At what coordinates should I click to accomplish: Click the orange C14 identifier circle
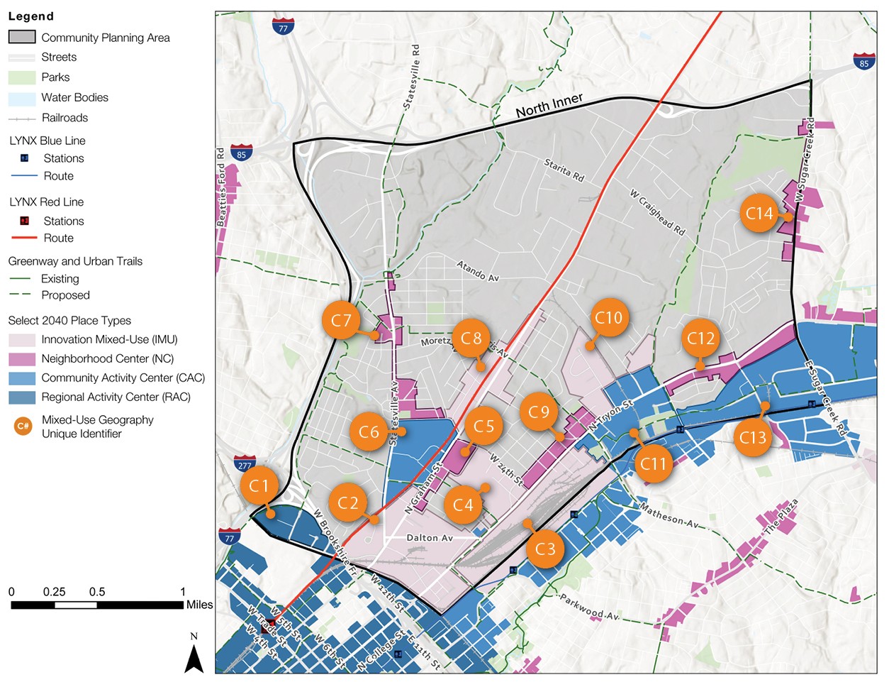coord(759,213)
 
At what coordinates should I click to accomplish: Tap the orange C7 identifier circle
coord(341,321)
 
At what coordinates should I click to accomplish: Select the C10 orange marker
coord(608,318)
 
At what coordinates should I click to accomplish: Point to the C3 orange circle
coord(545,549)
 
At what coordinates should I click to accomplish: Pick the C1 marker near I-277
coord(259,486)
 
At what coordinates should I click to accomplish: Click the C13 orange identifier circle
coord(753,438)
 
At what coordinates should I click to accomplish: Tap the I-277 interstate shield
coord(245,465)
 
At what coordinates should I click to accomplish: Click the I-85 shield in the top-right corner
coord(863,62)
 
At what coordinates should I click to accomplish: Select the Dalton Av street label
coord(430,538)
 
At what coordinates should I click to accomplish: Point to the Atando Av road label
coord(478,271)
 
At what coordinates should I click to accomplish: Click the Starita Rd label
coord(564,170)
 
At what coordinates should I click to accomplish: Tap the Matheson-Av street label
coord(669,517)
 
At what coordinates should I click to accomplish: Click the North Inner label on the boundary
coord(549,106)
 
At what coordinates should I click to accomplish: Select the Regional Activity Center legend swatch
coord(22,397)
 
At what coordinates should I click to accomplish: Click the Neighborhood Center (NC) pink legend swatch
coord(22,359)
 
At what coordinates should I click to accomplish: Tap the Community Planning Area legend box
coord(22,37)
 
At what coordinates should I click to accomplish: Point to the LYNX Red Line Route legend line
coord(24,238)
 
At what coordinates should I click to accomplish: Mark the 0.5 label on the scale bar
coord(97,592)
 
